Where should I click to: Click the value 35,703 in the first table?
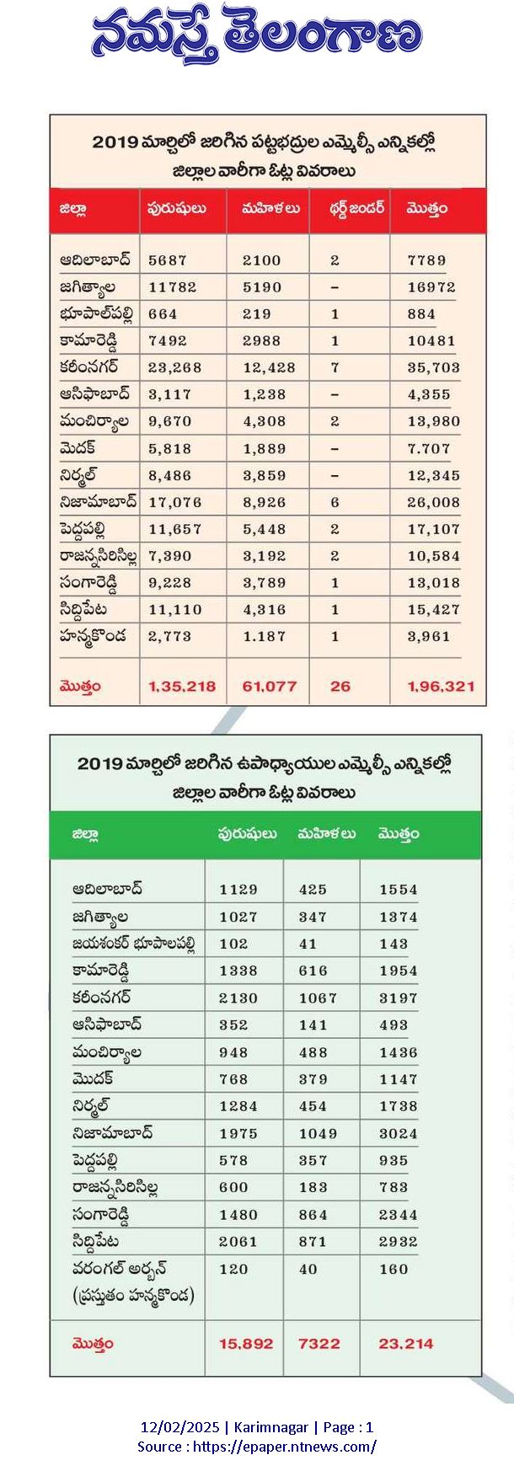433,367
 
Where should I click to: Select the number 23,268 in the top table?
175,367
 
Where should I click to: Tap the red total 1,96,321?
441,687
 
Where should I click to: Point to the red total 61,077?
270,687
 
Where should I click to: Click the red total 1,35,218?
182,687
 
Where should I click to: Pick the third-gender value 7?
335,367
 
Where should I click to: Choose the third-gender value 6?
335,502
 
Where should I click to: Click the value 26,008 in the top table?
433,502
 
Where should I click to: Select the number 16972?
431,287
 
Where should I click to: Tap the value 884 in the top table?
421,314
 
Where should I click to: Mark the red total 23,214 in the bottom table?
406,1344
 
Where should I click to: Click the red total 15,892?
246,1344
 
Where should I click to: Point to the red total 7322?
319,1344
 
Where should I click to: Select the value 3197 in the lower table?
399,998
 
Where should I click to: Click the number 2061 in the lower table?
238,1242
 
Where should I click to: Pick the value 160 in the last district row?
394,1269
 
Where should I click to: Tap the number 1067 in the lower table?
318,998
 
